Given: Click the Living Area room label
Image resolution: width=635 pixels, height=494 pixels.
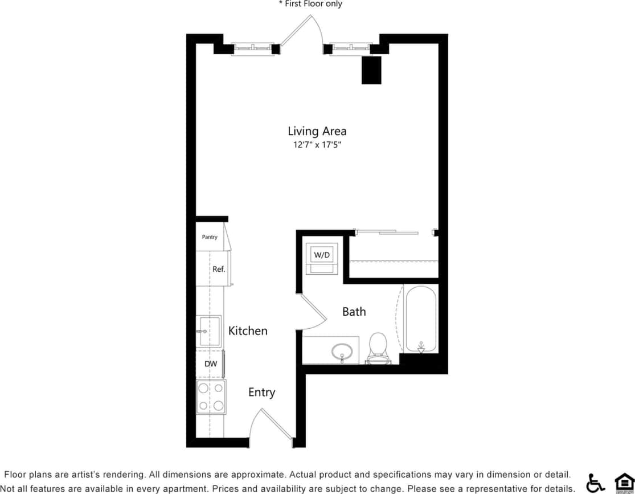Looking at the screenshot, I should [x=317, y=131].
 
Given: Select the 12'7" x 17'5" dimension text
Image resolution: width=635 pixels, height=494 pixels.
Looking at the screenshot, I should [x=317, y=145].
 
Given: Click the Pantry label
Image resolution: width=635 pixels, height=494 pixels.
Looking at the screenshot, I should [x=210, y=237].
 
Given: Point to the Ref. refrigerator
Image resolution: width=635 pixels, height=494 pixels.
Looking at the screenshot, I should [x=218, y=269].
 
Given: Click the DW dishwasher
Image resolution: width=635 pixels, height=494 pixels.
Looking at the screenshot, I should [x=210, y=364].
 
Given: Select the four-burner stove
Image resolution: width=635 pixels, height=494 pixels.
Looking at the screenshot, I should [x=211, y=397].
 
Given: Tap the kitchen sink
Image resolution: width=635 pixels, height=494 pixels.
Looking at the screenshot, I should [x=208, y=330].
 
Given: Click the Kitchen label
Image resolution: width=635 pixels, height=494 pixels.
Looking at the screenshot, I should [x=248, y=330].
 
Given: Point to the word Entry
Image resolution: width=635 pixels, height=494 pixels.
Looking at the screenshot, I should [x=261, y=392].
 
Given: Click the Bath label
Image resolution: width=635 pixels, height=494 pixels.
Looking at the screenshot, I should [x=354, y=312].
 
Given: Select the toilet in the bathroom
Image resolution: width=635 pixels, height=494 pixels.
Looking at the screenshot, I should [x=378, y=347].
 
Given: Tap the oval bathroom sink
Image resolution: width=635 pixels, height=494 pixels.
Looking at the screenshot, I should [x=342, y=350].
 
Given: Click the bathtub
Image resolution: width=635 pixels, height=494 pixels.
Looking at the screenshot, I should [x=421, y=320].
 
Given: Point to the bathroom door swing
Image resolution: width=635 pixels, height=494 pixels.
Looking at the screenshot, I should [x=310, y=313].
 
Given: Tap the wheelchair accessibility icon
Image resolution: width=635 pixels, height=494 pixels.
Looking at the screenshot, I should [x=595, y=483].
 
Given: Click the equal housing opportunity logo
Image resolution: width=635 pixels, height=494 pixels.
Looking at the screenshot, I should [x=624, y=482].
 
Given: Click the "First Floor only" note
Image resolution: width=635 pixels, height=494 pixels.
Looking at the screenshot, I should [x=310, y=4].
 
